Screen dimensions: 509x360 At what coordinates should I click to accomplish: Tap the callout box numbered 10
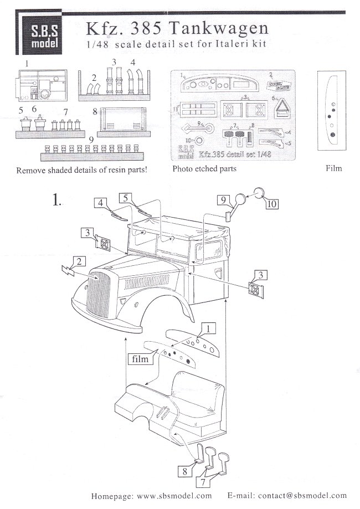point(271,204)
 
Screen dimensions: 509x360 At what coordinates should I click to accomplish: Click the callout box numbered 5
point(126,197)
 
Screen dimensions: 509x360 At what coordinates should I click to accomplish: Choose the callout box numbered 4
point(101,203)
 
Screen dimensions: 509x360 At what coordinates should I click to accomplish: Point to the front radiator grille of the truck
point(97,300)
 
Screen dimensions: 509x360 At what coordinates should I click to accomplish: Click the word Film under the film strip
point(334,168)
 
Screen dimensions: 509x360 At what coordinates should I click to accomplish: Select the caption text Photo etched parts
point(205,168)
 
